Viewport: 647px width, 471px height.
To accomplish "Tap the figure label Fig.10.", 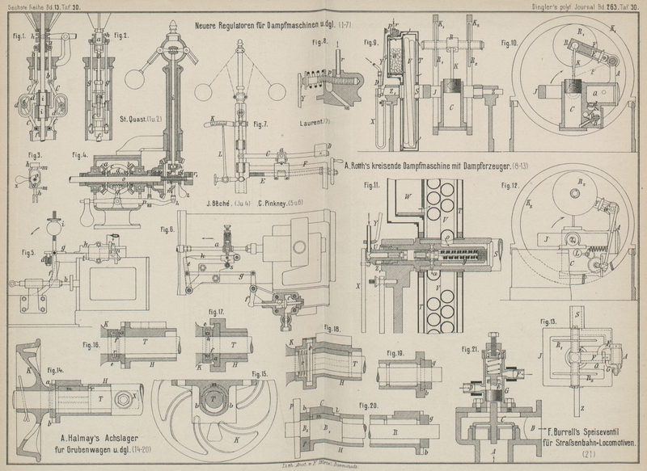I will click(x=512, y=40).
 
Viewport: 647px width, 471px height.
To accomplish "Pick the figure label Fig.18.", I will click(x=331, y=330).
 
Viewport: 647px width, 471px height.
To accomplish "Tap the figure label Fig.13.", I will click(x=548, y=322).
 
